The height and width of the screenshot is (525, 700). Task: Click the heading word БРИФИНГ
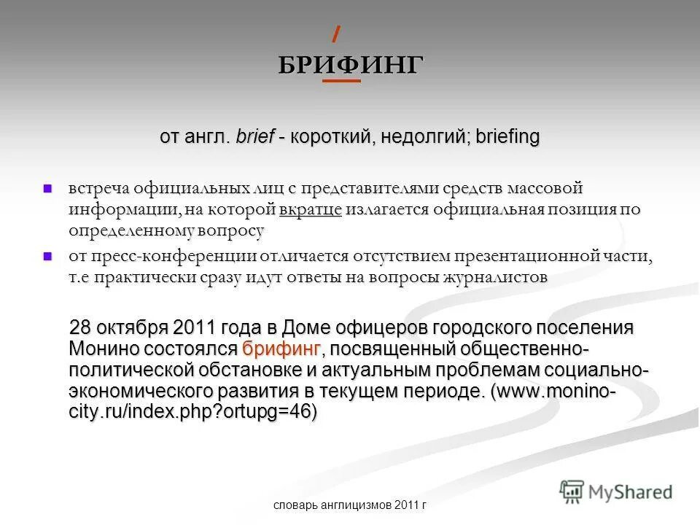(x=349, y=64)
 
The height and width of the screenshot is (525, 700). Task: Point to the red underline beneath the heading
(x=341, y=81)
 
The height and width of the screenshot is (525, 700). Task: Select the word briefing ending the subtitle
(x=507, y=137)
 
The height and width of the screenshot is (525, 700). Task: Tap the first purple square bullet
(x=49, y=189)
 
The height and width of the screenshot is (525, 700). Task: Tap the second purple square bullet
(x=49, y=256)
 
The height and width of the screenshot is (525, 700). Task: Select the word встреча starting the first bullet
(x=99, y=188)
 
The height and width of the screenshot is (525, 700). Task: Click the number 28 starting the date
(x=80, y=326)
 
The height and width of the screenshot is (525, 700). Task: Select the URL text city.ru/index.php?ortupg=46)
(x=194, y=411)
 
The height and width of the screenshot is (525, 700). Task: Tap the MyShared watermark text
(x=631, y=492)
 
